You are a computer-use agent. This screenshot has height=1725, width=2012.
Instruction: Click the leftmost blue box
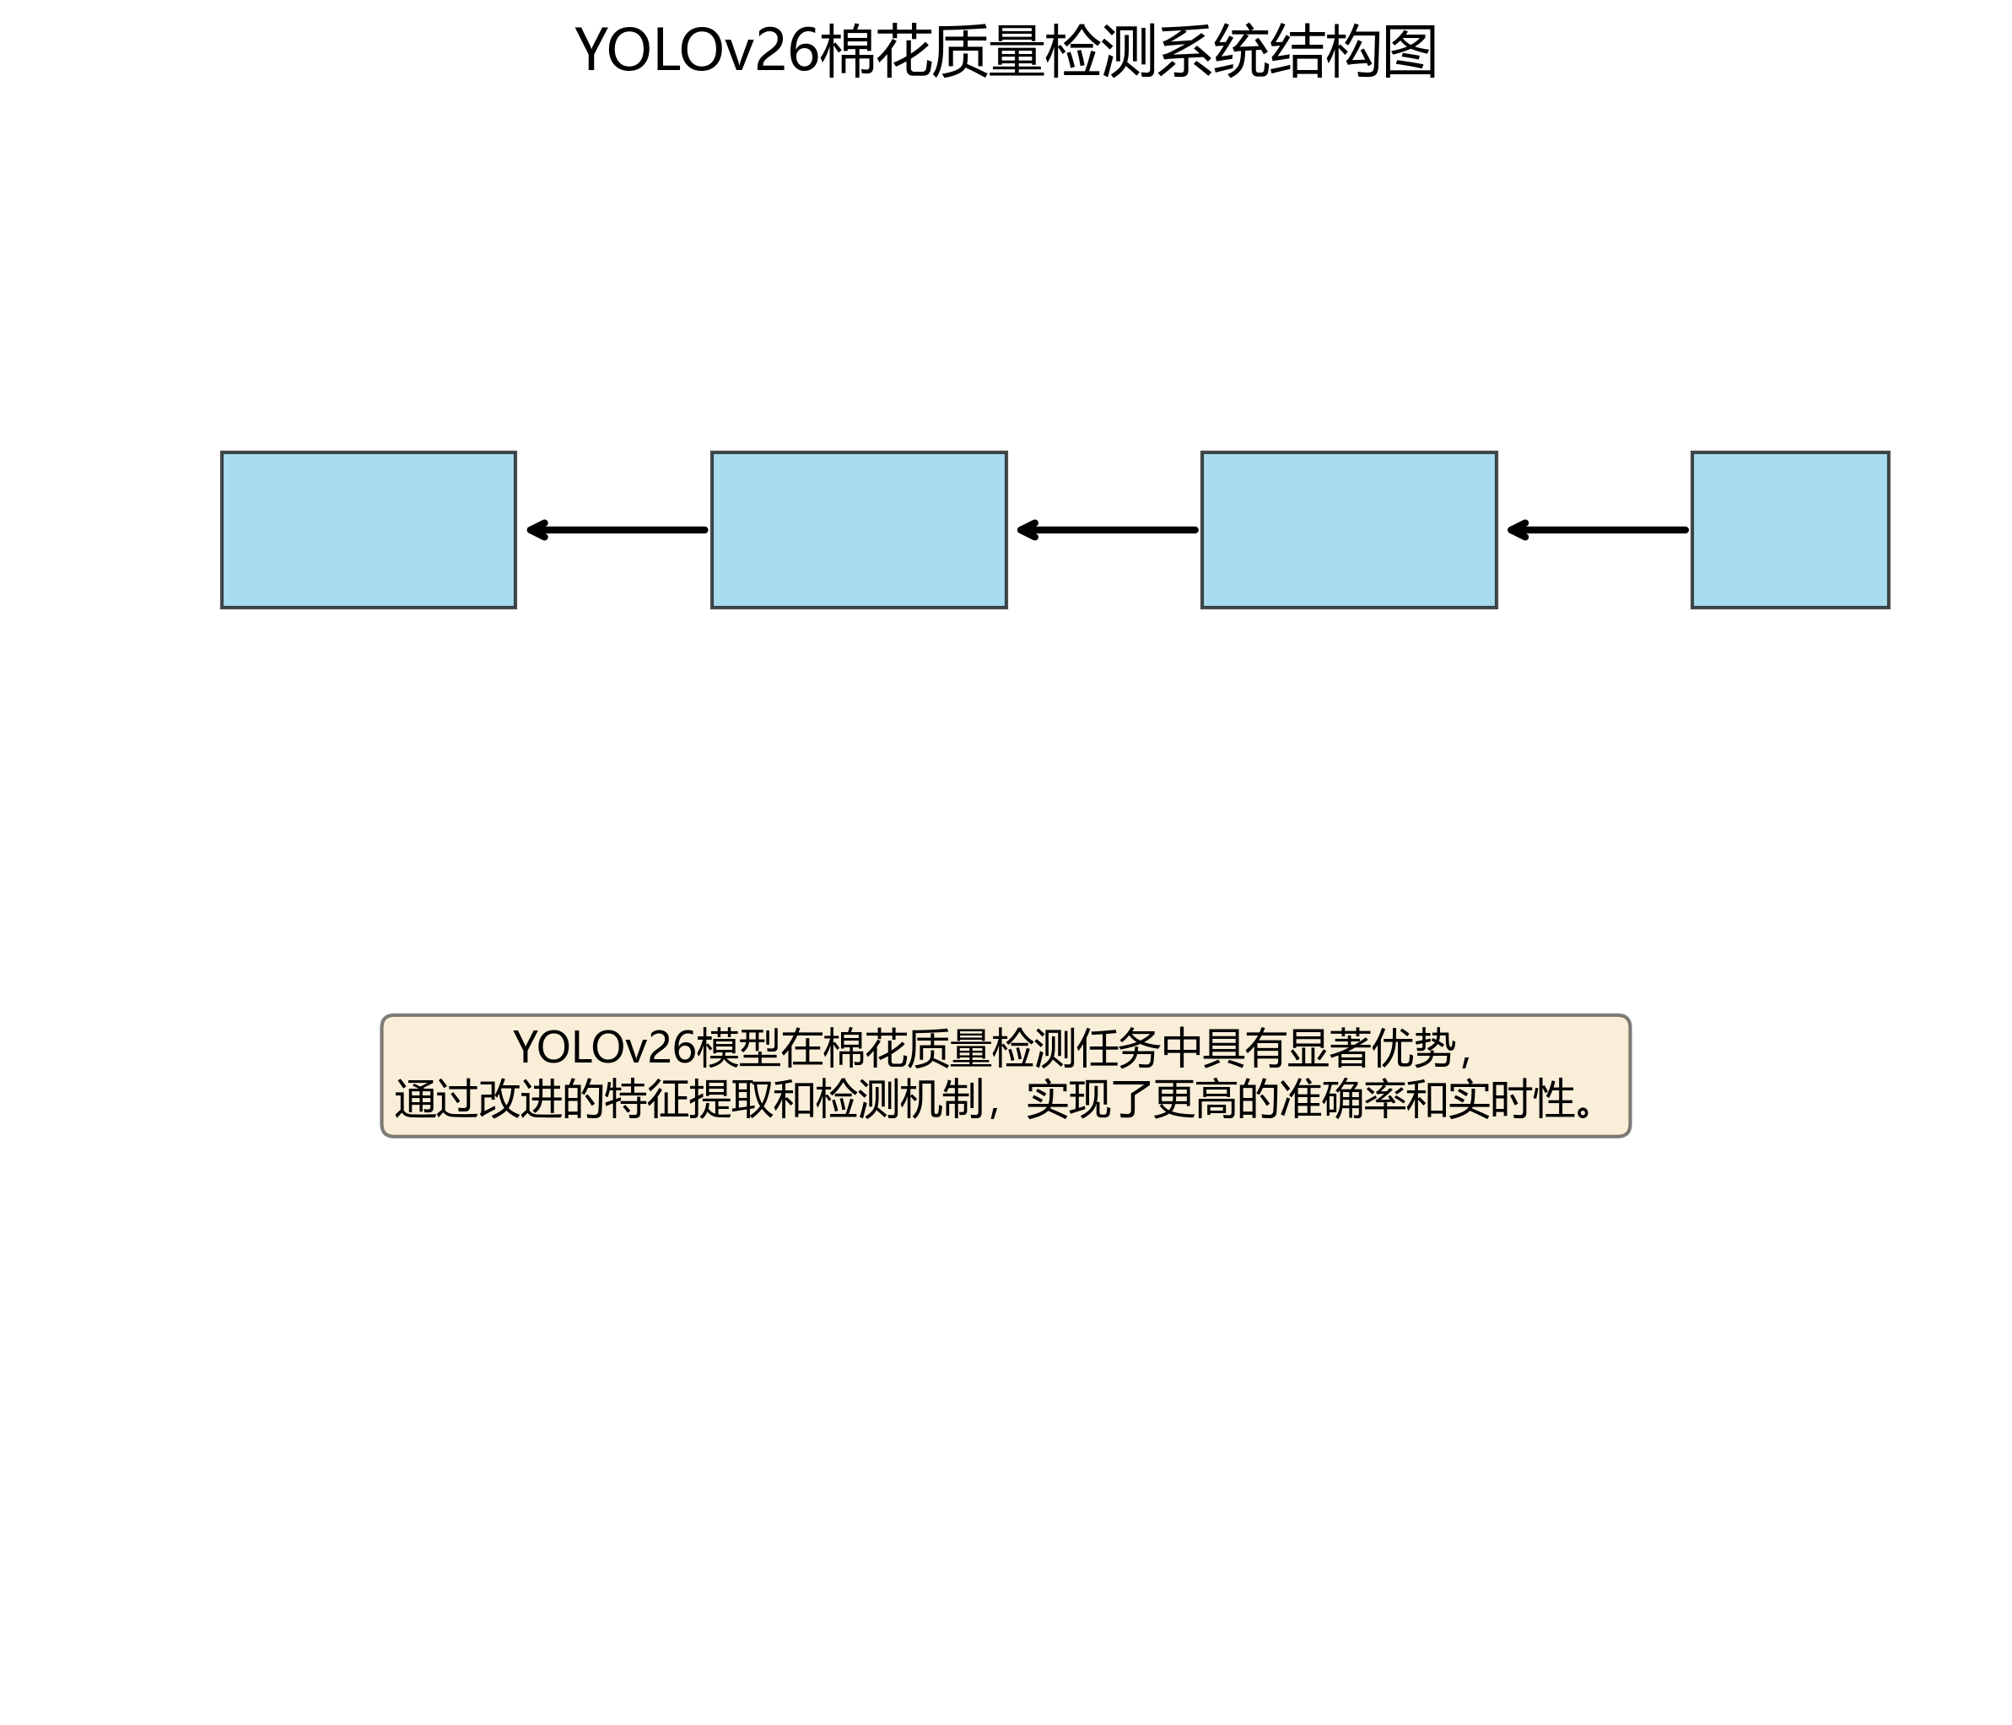tap(368, 529)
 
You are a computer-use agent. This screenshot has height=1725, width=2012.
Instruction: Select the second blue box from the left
tap(859, 529)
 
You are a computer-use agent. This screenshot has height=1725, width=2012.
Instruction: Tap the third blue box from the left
tap(1349, 529)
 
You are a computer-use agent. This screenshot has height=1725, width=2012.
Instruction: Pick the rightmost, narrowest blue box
tap(1789, 529)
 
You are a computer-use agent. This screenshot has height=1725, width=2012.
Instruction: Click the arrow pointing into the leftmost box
tap(617, 529)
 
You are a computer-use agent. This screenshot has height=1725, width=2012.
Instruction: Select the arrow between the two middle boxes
tap(1107, 529)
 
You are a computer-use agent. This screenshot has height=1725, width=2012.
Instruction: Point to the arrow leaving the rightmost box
tap(1597, 529)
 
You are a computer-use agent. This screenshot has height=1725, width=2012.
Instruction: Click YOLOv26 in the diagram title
tap(697, 51)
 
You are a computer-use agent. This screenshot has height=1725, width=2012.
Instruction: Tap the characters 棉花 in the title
tap(877, 51)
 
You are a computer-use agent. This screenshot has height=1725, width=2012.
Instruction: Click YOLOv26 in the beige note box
tap(604, 1048)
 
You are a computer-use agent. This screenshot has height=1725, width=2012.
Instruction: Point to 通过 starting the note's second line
tap(436, 1100)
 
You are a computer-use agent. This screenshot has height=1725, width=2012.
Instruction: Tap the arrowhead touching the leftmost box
tap(535, 529)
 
